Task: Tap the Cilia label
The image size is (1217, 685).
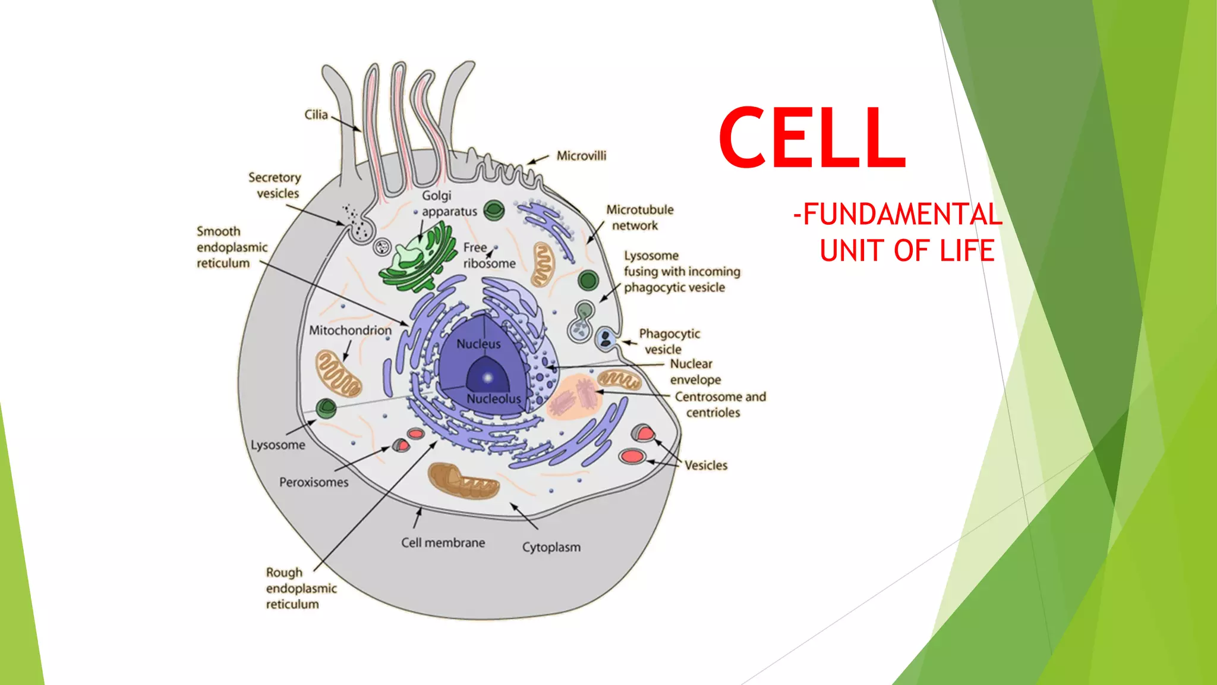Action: pyautogui.click(x=316, y=115)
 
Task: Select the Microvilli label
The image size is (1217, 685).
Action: pyautogui.click(x=581, y=156)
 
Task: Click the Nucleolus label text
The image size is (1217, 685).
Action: pyautogui.click(x=493, y=398)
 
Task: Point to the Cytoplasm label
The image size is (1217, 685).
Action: pyautogui.click(x=551, y=547)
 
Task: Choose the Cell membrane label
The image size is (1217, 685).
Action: pyautogui.click(x=443, y=542)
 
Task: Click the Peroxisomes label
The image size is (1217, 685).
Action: pyautogui.click(x=314, y=482)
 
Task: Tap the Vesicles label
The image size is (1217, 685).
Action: pyautogui.click(x=705, y=465)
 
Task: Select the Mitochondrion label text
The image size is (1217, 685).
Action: pyautogui.click(x=350, y=330)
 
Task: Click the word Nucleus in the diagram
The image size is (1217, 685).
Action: pyautogui.click(x=478, y=344)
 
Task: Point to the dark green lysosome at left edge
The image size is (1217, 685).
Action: pyautogui.click(x=326, y=409)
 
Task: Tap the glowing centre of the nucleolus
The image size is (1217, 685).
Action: pyautogui.click(x=488, y=377)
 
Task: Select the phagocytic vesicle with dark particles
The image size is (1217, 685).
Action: pyautogui.click(x=606, y=339)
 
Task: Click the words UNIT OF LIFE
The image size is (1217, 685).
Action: pyautogui.click(x=907, y=250)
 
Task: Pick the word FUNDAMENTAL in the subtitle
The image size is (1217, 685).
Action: pyautogui.click(x=902, y=214)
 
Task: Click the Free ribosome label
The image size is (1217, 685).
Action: pyautogui.click(x=488, y=255)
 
